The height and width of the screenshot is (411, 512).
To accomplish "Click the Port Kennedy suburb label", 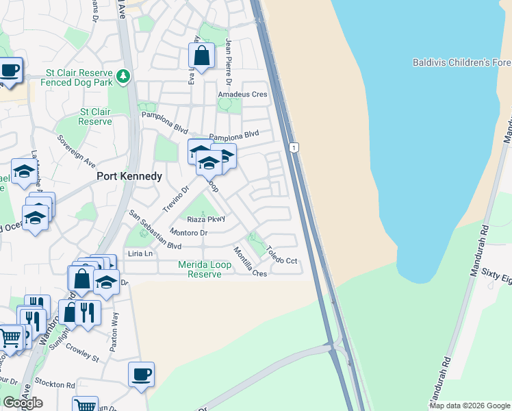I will click(129, 176).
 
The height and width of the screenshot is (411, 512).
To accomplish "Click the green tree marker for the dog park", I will click(123, 75).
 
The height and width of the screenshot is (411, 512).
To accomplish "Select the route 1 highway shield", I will click(294, 147).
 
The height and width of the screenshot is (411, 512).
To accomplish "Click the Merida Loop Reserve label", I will click(209, 269).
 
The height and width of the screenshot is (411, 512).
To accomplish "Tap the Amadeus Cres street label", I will click(242, 95).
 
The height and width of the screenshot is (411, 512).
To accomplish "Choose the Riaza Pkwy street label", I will click(206, 219).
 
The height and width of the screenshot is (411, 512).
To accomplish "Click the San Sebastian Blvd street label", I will click(155, 229).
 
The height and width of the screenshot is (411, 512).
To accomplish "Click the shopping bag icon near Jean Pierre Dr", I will click(202, 55).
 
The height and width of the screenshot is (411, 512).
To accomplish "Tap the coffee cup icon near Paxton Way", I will click(141, 374).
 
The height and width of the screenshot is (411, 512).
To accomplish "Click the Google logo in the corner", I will click(23, 403).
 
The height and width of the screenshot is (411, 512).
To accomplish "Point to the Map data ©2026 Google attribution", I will click(470, 406).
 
